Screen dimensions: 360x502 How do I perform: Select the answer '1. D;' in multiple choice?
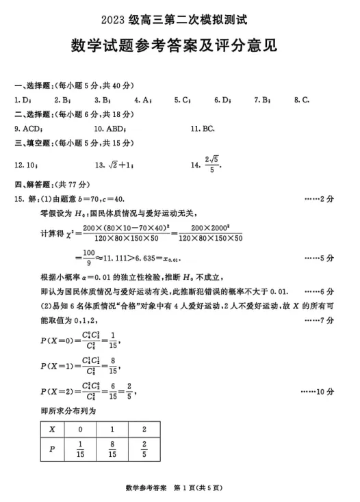click(23, 100)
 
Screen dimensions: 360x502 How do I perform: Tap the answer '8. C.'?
click(302, 100)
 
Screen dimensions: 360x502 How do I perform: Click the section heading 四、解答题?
click(34, 185)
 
